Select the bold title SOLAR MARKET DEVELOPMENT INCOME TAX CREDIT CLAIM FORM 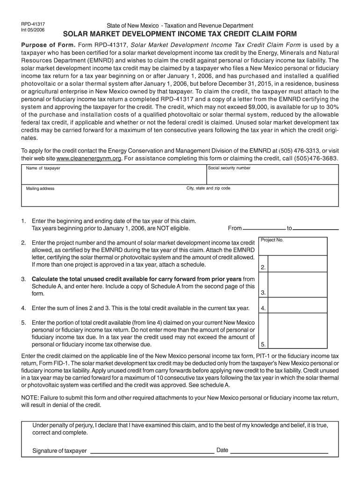(x=180, y=35)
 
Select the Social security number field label (x=229, y=167)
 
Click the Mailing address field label (x=40, y=189)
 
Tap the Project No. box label (x=272, y=240)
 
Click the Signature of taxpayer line (x=151, y=452)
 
